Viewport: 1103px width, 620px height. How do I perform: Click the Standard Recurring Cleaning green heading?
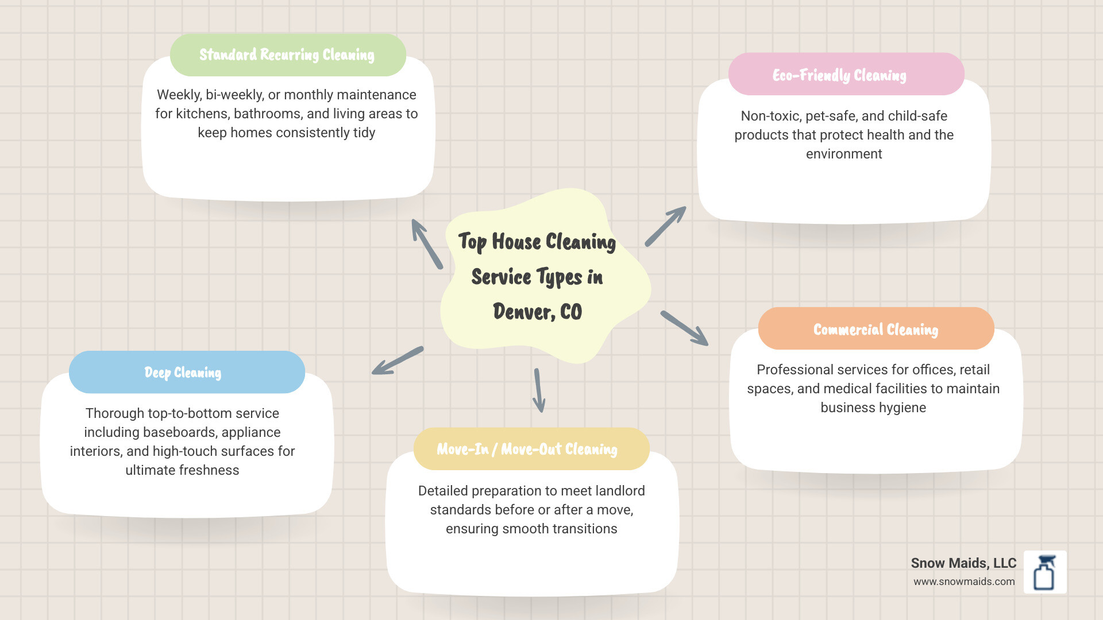(x=287, y=55)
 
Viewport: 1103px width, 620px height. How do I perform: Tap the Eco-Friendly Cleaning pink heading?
(x=839, y=75)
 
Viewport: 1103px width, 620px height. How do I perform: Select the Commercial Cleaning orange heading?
(x=876, y=330)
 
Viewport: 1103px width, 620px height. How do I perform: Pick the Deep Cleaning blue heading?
(x=183, y=373)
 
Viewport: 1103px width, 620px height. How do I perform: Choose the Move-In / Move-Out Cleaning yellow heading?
(x=527, y=449)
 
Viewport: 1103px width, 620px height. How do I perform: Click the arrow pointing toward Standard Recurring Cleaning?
(x=427, y=243)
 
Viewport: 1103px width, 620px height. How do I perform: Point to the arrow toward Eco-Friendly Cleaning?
(x=665, y=226)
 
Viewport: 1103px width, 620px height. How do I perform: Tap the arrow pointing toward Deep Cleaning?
(x=397, y=361)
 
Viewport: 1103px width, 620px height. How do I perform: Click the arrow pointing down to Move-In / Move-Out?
(x=538, y=390)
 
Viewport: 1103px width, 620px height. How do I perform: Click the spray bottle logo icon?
(x=1045, y=572)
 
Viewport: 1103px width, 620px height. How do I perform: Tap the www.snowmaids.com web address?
(x=964, y=582)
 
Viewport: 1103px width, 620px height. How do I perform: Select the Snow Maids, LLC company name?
(x=963, y=563)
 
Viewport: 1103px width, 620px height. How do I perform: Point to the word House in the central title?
(x=516, y=242)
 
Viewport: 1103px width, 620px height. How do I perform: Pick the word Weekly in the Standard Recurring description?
(x=179, y=95)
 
